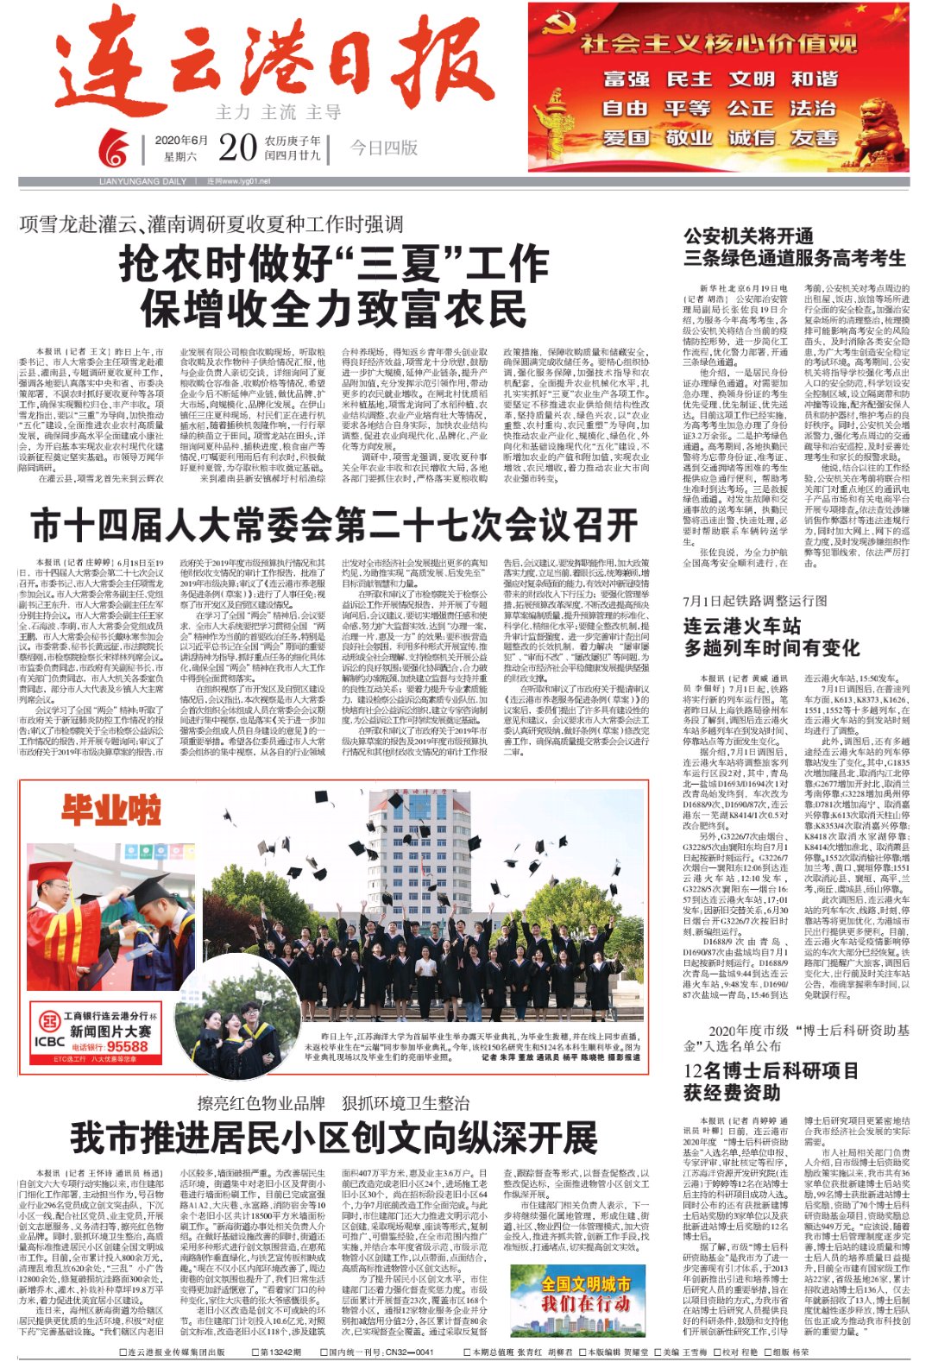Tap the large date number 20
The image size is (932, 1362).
pyautogui.click(x=238, y=148)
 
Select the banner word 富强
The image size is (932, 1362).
pyautogui.click(x=626, y=79)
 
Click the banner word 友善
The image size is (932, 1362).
pyautogui.click(x=815, y=138)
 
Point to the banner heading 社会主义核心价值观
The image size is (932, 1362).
pyautogui.click(x=719, y=44)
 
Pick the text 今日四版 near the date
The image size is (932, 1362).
pyautogui.click(x=383, y=148)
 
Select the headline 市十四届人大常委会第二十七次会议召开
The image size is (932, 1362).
pyautogui.click(x=334, y=525)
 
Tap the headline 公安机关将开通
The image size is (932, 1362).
pyautogui.click(x=748, y=236)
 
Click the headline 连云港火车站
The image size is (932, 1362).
pyautogui.click(x=742, y=626)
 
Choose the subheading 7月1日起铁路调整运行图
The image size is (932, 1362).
pyautogui.click(x=755, y=601)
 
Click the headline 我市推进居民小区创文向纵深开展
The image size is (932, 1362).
pyautogui.click(x=334, y=1138)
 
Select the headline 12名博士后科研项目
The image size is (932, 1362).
pyautogui.click(x=771, y=1071)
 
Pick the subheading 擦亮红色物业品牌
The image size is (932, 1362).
pyautogui.click(x=261, y=1102)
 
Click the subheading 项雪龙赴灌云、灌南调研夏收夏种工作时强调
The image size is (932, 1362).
pyautogui.click(x=211, y=224)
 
